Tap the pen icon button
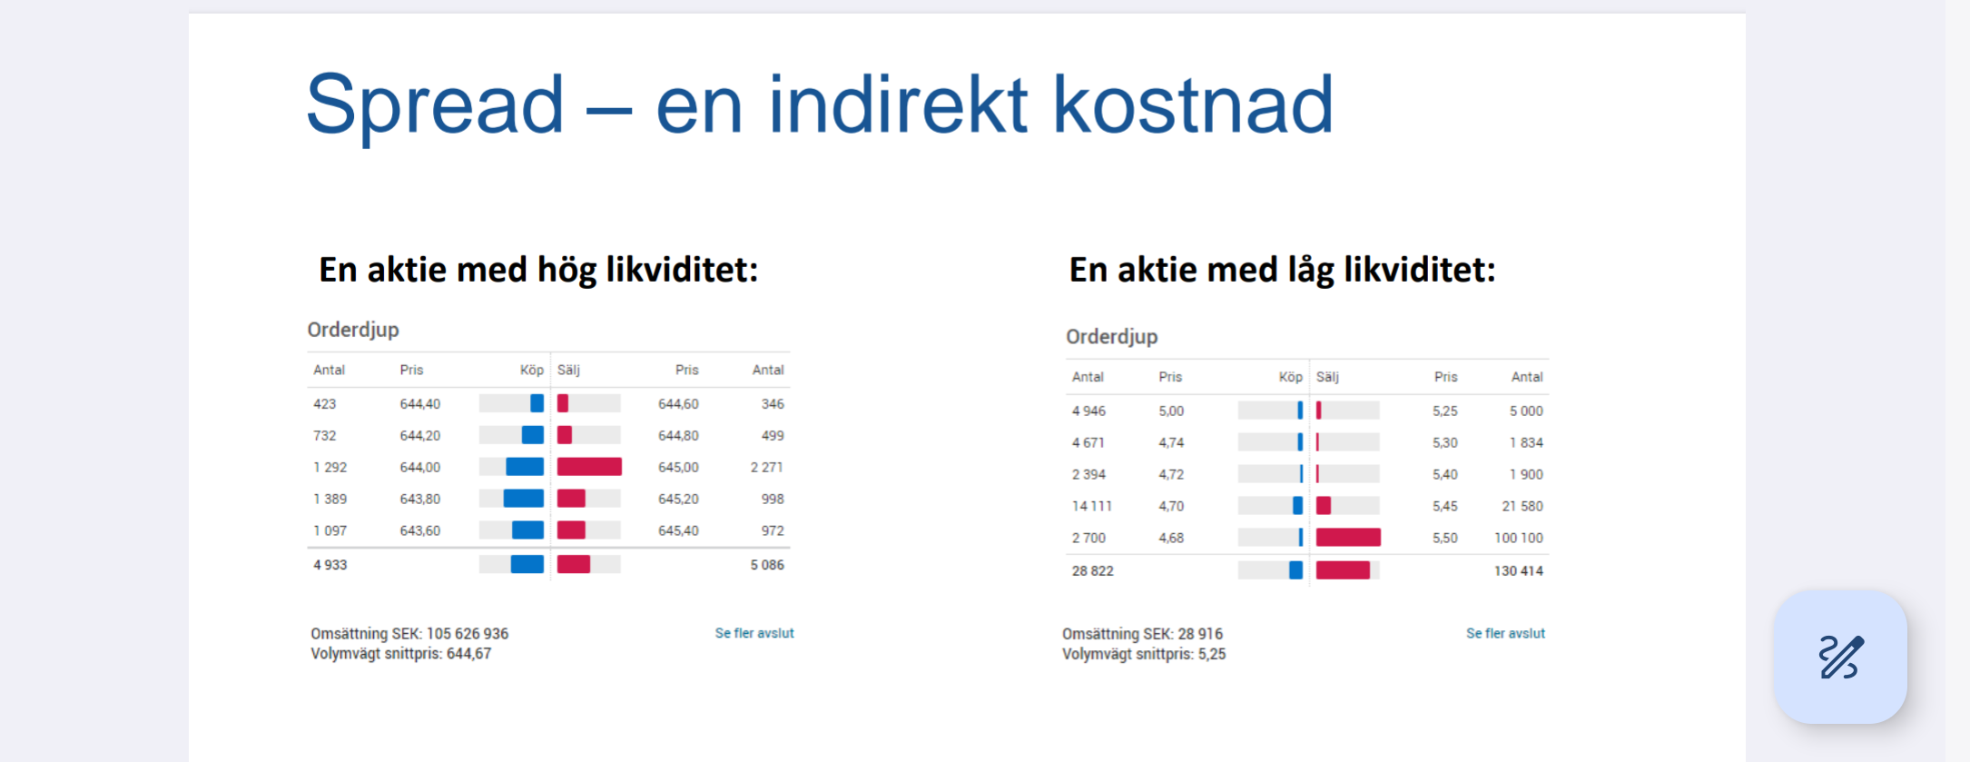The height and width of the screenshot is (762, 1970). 1841,657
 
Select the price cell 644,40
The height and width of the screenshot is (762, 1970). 420,404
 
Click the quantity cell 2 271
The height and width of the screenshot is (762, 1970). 766,468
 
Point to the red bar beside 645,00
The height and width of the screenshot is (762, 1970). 589,467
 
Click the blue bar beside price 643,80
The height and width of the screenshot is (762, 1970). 524,499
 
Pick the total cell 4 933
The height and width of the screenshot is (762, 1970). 330,565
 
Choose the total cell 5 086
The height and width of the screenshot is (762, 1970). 767,565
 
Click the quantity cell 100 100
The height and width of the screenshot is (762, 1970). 1519,539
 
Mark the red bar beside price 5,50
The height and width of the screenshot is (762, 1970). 1348,538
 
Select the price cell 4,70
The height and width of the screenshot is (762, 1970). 1171,507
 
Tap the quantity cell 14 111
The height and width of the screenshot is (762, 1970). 1092,507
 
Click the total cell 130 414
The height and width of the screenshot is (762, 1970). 1519,571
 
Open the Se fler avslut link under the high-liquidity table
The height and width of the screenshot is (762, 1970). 754,633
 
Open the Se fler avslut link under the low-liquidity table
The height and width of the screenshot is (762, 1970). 1505,633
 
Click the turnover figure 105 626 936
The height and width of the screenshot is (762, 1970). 468,634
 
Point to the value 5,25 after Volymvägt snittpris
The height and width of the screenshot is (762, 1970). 1212,654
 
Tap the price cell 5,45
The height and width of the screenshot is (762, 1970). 1445,507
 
